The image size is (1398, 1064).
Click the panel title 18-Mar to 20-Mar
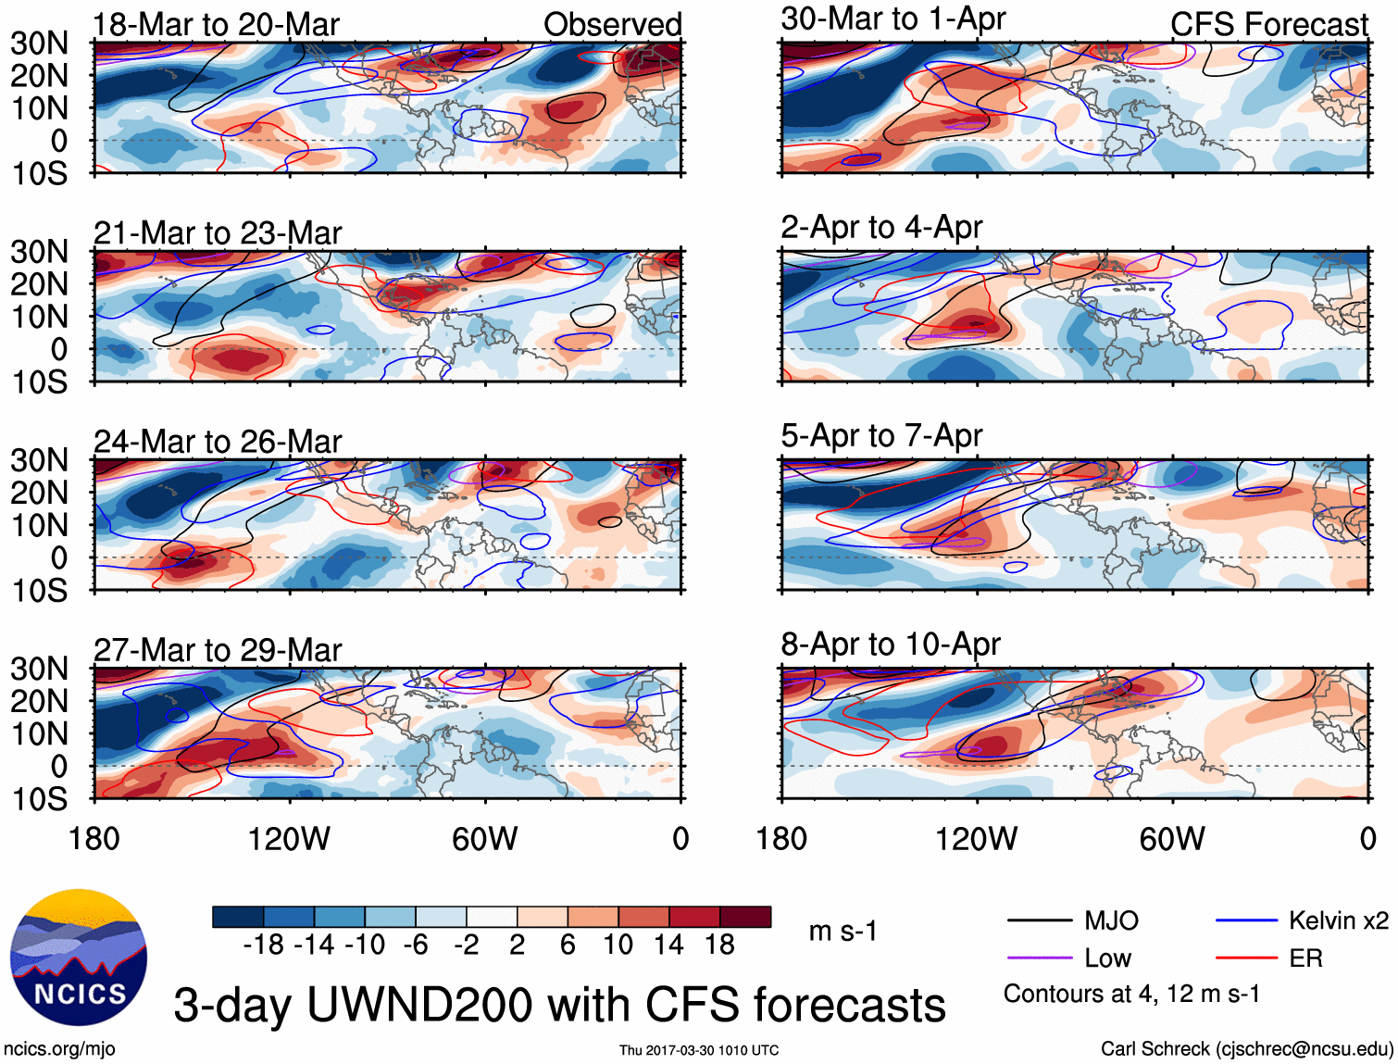[x=217, y=25]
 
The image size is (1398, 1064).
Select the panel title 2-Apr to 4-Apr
[x=881, y=227]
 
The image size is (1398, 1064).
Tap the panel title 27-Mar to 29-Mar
[x=218, y=650]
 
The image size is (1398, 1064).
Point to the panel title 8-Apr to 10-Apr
[x=891, y=645]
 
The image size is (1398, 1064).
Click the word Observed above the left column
[x=612, y=25]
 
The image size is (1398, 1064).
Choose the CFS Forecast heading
[x=1268, y=25]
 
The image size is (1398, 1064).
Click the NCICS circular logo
[x=79, y=958]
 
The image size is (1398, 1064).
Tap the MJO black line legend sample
[x=1040, y=920]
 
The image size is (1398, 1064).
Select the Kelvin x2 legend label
[x=1338, y=920]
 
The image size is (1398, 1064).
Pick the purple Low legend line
[x=1040, y=958]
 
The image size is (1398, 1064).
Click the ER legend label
[x=1305, y=958]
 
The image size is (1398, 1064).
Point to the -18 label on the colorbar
[x=263, y=945]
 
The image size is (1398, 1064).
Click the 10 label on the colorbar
[x=618, y=945]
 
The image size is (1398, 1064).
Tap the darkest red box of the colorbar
[x=745, y=917]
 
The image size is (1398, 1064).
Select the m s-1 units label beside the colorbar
[x=843, y=931]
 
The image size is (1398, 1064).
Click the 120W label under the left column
[x=289, y=839]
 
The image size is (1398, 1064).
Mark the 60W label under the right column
[x=1172, y=839]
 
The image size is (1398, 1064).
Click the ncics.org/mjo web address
[x=59, y=1048]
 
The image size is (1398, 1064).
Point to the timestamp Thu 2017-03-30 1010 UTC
[x=699, y=1050]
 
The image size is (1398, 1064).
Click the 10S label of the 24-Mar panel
[x=40, y=591]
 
